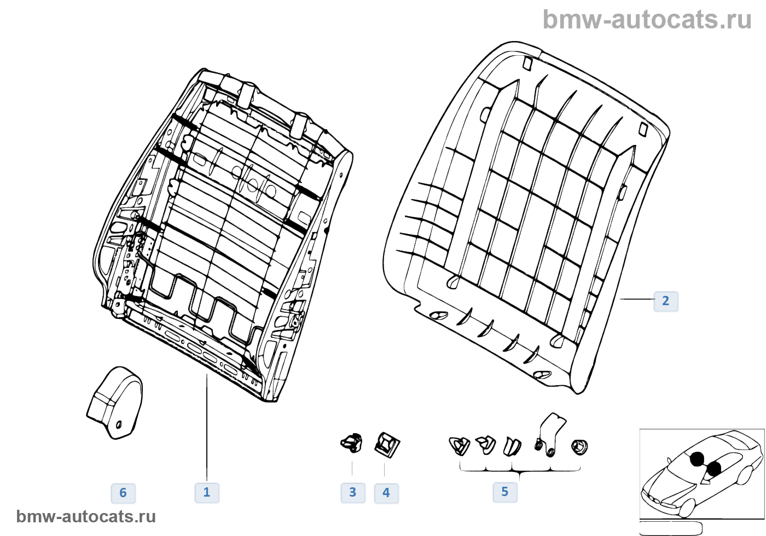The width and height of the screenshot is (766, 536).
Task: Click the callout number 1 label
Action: click(207, 492)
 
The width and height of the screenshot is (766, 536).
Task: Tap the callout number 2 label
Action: click(665, 301)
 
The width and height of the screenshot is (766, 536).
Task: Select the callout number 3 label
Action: click(353, 493)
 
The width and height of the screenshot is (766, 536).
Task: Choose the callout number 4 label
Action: click(386, 493)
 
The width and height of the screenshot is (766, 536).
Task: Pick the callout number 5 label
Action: click(504, 492)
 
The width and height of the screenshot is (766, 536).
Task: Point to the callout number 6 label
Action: click(123, 493)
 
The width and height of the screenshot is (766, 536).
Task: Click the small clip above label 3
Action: click(352, 442)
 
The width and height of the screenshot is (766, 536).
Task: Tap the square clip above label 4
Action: click(387, 444)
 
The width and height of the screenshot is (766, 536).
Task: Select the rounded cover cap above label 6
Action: click(115, 403)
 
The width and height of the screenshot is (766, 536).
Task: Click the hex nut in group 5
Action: click(579, 447)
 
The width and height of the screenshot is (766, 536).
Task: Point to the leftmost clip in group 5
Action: click(459, 445)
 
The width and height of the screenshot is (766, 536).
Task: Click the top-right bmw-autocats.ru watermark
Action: click(647, 20)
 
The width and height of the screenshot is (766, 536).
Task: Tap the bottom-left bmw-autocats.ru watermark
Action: click(86, 516)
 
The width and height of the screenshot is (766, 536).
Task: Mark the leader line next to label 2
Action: click(636, 299)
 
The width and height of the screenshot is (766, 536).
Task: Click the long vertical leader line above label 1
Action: click(207, 427)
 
